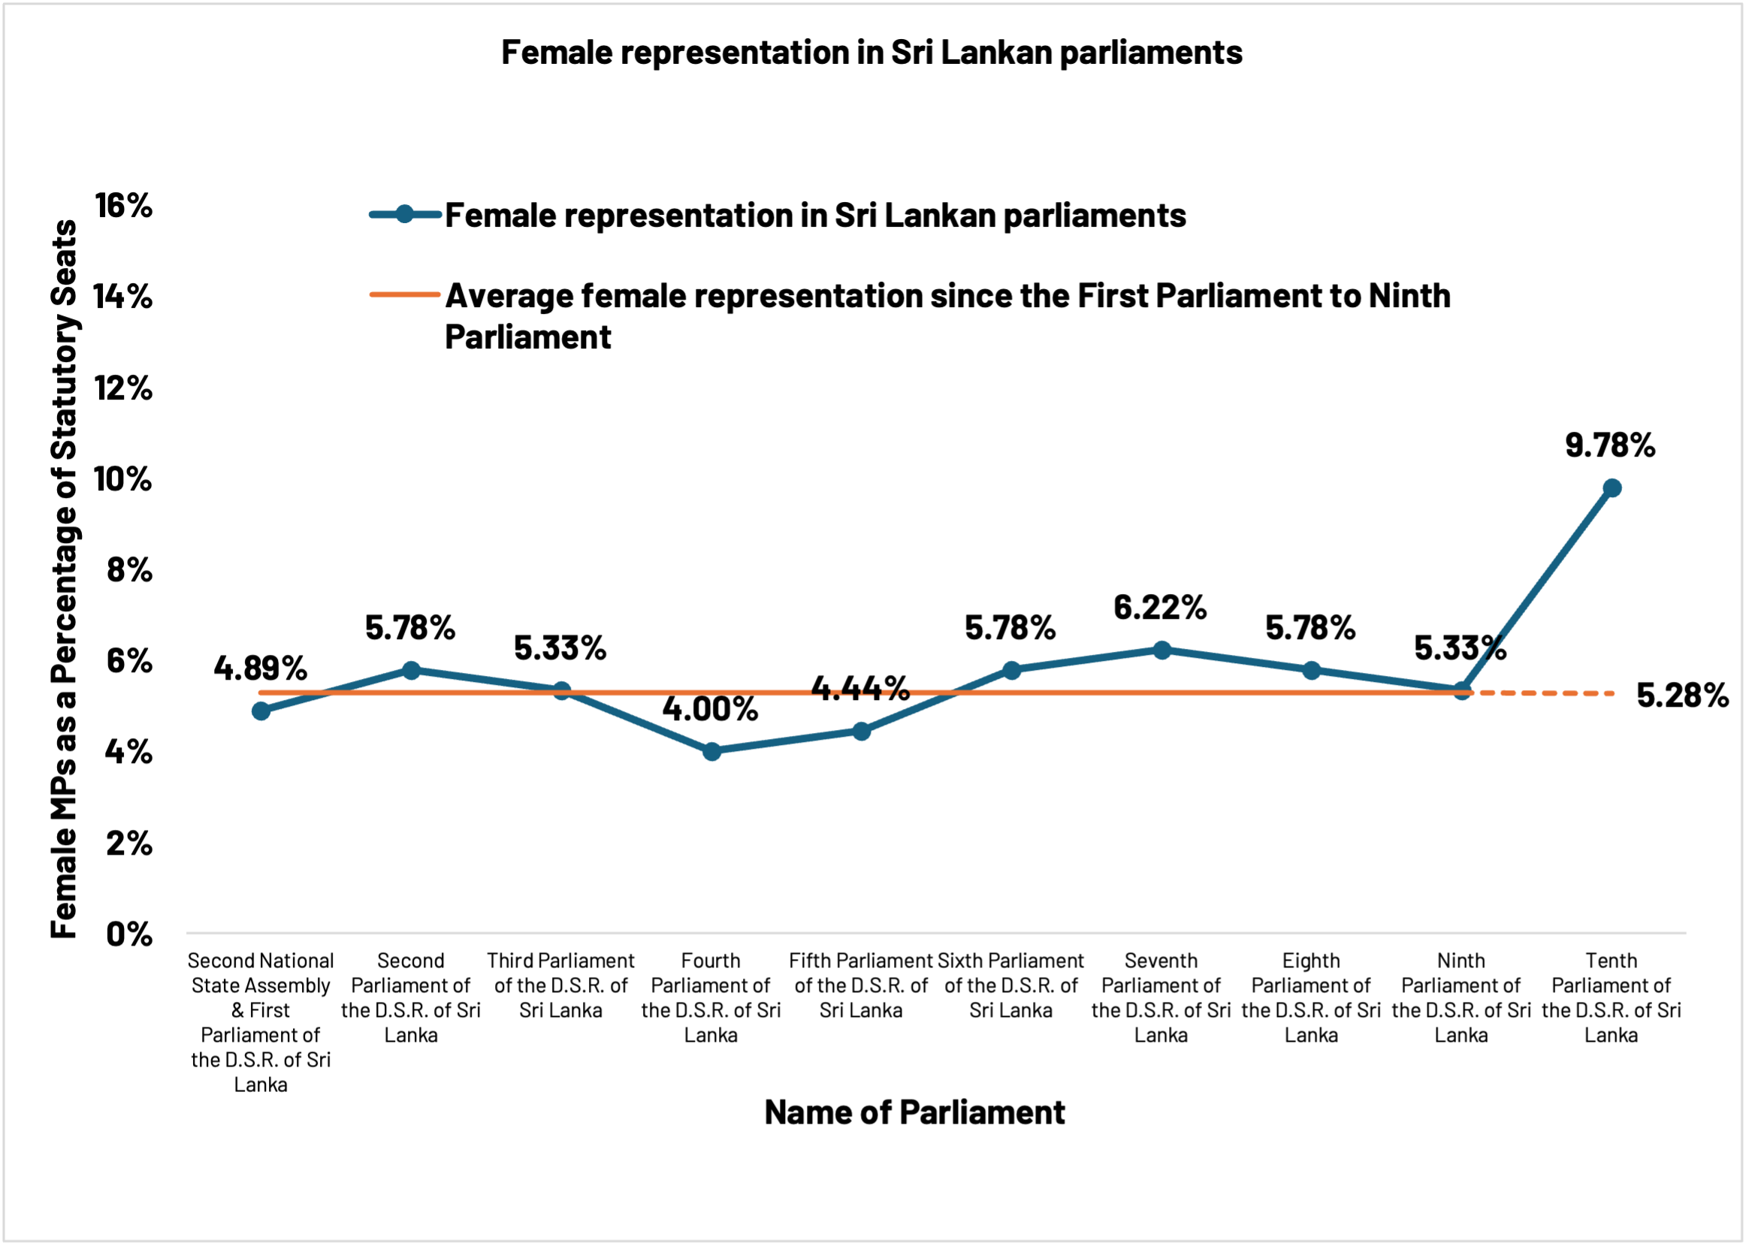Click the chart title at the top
[x=871, y=53]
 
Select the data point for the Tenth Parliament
[x=1612, y=488]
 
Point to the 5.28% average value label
[x=1682, y=696]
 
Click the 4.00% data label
[x=710, y=709]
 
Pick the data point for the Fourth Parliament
[x=711, y=751]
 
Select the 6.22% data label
[x=1159, y=608]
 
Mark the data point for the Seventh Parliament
[x=1162, y=650]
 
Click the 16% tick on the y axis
[x=123, y=206]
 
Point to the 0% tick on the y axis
[x=129, y=934]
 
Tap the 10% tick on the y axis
[x=123, y=479]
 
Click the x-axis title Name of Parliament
[x=914, y=1112]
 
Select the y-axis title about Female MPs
[x=65, y=579]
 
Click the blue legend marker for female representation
[x=404, y=215]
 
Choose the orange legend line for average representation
[x=404, y=294]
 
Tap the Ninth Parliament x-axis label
[x=1461, y=997]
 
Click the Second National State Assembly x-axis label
[x=261, y=1021]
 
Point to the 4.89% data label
[x=260, y=669]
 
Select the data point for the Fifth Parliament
[x=861, y=732]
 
